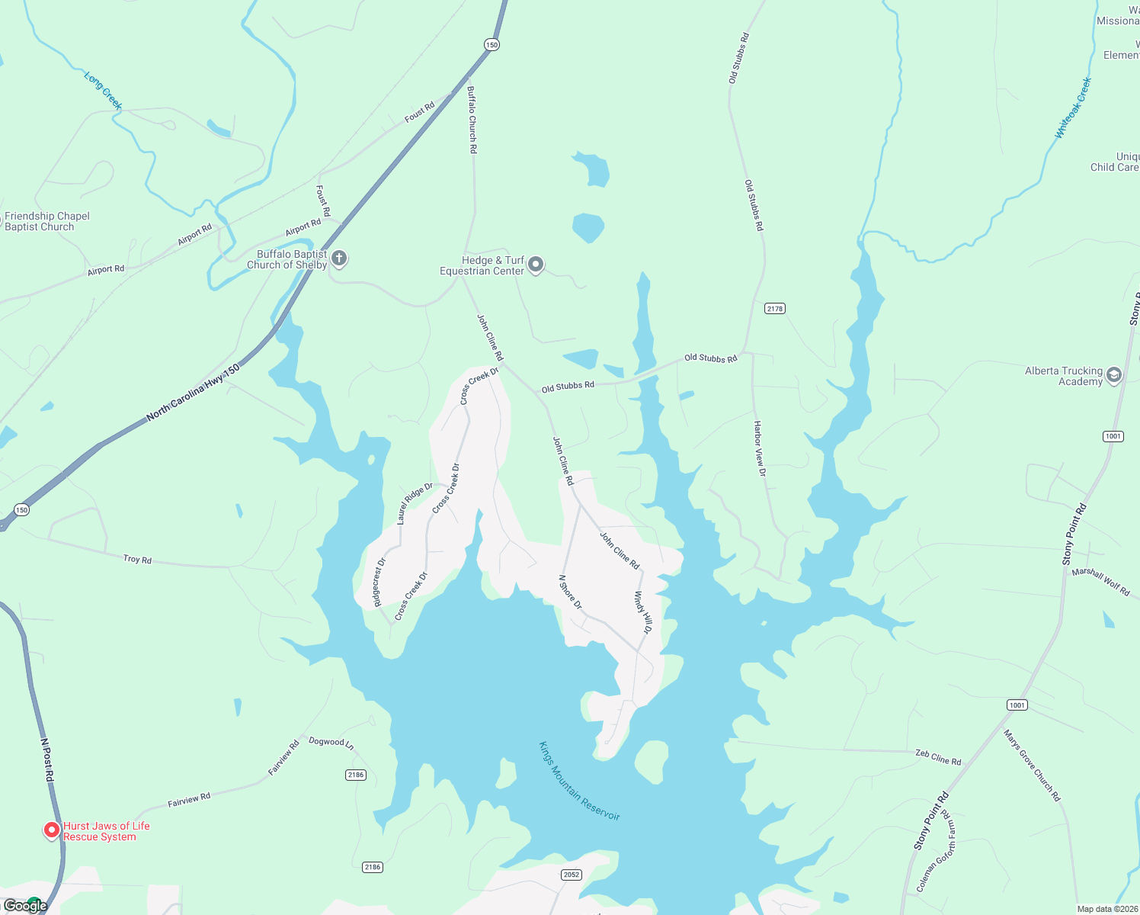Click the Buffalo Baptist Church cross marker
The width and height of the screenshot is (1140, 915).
340,258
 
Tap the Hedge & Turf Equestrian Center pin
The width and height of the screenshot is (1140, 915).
536,264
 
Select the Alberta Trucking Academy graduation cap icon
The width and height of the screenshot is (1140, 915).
1113,374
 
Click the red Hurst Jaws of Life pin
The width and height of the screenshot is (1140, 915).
52,830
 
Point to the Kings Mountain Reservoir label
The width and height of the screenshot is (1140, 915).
579,781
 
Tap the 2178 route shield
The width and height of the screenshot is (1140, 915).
775,309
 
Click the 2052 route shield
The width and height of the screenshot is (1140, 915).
572,875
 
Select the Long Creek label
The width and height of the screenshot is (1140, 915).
103,91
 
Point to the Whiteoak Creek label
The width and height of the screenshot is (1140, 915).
1073,108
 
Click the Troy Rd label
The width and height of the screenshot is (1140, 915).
138,560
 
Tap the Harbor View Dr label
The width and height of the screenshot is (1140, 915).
759,448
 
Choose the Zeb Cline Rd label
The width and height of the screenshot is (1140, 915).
938,758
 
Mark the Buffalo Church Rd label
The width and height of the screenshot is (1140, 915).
472,120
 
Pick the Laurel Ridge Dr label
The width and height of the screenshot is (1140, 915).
415,502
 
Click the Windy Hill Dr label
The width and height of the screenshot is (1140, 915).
643,612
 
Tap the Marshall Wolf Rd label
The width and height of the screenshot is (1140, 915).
1100,582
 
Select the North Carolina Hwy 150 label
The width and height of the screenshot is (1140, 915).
193,392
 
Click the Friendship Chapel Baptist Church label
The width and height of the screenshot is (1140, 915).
47,221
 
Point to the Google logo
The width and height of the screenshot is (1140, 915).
25,905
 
